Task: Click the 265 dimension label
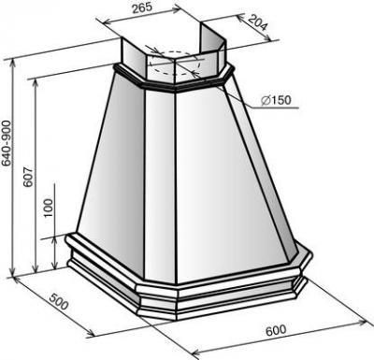(x=142, y=7)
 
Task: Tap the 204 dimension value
(x=258, y=22)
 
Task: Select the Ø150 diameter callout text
(x=276, y=100)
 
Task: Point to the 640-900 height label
(x=7, y=143)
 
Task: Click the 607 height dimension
(x=28, y=178)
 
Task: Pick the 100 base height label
(x=49, y=209)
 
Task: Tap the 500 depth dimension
(x=59, y=301)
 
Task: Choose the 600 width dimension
(x=276, y=330)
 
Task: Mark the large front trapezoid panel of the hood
(x=231, y=184)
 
